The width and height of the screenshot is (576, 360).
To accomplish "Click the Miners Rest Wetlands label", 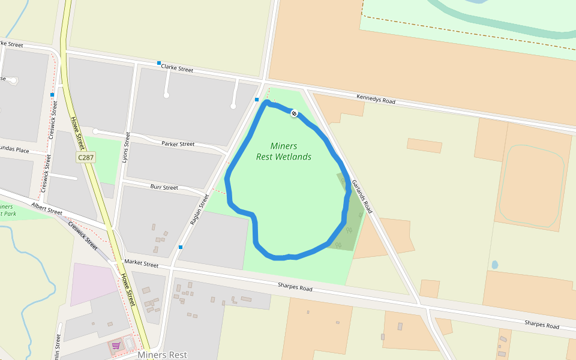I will (x=284, y=151).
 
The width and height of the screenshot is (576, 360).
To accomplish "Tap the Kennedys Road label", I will (x=376, y=99).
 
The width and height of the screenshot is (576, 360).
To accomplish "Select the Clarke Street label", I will (x=177, y=69).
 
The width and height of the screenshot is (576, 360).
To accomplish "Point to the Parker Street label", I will (x=178, y=144).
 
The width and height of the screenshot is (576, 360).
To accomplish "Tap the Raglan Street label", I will (x=199, y=209).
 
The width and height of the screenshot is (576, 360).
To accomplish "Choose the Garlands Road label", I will (x=362, y=196).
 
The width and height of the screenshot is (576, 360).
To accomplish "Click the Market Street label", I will (x=141, y=264).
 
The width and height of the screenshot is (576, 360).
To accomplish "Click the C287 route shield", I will (x=86, y=157).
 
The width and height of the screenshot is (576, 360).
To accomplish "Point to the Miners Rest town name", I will (x=163, y=355).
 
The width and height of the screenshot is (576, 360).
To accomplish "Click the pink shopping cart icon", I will (x=116, y=345).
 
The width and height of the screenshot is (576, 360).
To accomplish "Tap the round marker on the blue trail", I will (x=294, y=113).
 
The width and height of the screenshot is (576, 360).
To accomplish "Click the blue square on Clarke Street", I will (x=159, y=63).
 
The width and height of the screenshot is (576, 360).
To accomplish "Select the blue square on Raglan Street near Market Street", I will (x=181, y=247).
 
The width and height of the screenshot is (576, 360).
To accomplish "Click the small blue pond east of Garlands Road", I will (x=495, y=264).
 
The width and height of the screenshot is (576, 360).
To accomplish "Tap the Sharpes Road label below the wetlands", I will (x=295, y=288).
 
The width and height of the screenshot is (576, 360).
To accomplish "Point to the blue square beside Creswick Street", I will (x=53, y=95).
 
